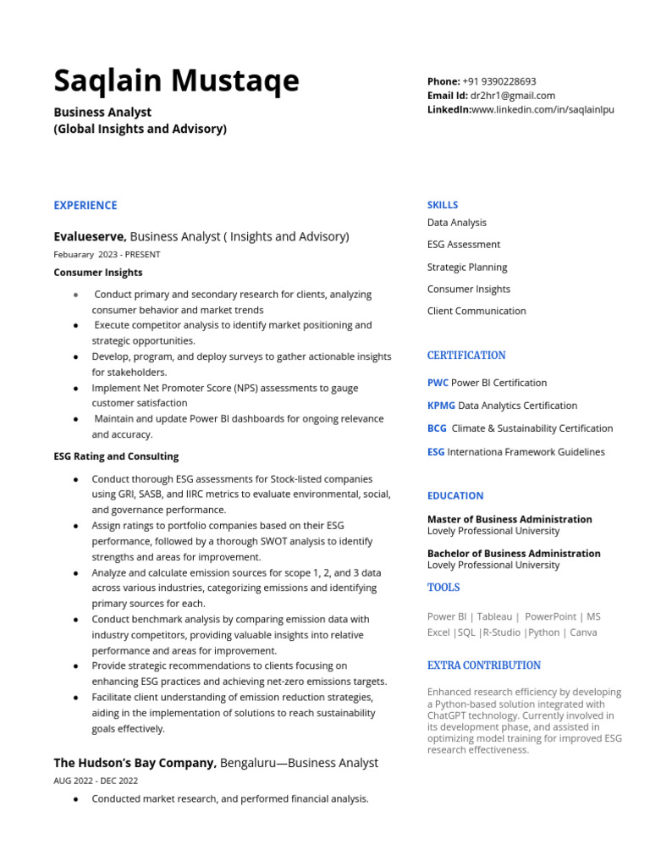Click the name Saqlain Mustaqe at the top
tap(176, 81)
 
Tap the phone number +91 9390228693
tap(499, 81)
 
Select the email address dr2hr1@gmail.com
tap(512, 96)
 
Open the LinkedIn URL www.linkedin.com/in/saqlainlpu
tap(543, 110)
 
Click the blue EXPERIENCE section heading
tap(85, 206)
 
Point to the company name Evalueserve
tap(90, 237)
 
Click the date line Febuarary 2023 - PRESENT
tap(107, 255)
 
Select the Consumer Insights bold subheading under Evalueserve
tap(98, 273)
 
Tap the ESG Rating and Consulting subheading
tap(116, 456)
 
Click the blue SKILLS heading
tap(443, 205)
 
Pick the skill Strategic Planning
tap(467, 268)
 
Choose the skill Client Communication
tap(476, 312)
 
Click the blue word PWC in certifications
tap(438, 384)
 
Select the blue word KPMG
tap(441, 406)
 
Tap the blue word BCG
tap(437, 429)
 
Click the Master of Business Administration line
tap(510, 520)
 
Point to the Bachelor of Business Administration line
tap(514, 554)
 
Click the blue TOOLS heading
tap(443, 588)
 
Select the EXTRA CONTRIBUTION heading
tap(484, 665)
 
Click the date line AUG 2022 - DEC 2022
tap(96, 781)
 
